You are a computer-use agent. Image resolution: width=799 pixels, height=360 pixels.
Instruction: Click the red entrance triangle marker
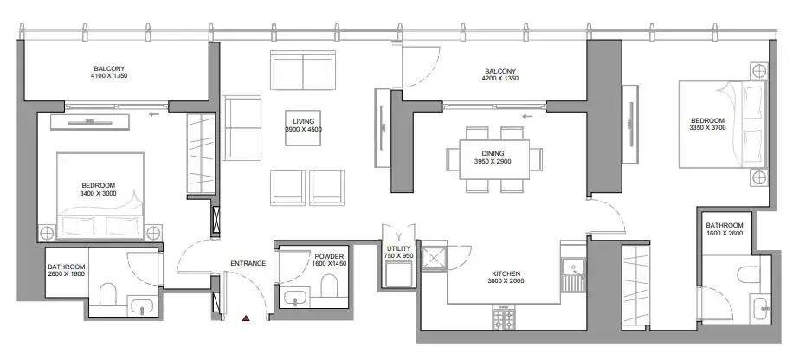(246, 318)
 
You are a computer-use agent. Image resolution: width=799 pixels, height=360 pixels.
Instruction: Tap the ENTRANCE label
(248, 263)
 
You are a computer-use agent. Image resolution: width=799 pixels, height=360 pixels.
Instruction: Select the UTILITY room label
(399, 249)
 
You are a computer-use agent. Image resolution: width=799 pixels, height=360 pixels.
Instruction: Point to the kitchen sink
(574, 274)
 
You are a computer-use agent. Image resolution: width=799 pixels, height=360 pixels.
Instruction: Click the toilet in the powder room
(329, 286)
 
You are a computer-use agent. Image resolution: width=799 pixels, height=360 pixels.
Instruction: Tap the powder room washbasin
(294, 298)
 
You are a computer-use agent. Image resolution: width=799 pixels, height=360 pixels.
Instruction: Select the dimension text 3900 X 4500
(303, 129)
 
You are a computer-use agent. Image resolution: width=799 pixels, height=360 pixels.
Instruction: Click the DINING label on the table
(493, 153)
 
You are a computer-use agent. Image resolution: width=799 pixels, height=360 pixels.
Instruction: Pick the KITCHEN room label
(506, 273)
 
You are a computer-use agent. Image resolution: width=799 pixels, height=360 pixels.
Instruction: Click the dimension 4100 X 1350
(109, 76)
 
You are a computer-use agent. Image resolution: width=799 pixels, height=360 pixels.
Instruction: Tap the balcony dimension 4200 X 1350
(499, 79)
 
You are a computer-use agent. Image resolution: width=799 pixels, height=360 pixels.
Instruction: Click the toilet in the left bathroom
(107, 294)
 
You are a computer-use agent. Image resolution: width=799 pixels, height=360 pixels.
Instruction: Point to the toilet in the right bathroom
(748, 274)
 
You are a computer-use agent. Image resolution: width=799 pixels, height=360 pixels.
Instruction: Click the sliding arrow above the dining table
(527, 117)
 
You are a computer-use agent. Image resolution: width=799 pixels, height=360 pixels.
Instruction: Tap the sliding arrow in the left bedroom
(154, 114)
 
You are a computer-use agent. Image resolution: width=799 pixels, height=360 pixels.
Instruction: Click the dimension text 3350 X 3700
(707, 128)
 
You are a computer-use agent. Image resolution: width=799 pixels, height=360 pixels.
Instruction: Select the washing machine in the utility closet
(399, 273)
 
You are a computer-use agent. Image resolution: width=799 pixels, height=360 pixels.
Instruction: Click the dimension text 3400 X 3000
(99, 194)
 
